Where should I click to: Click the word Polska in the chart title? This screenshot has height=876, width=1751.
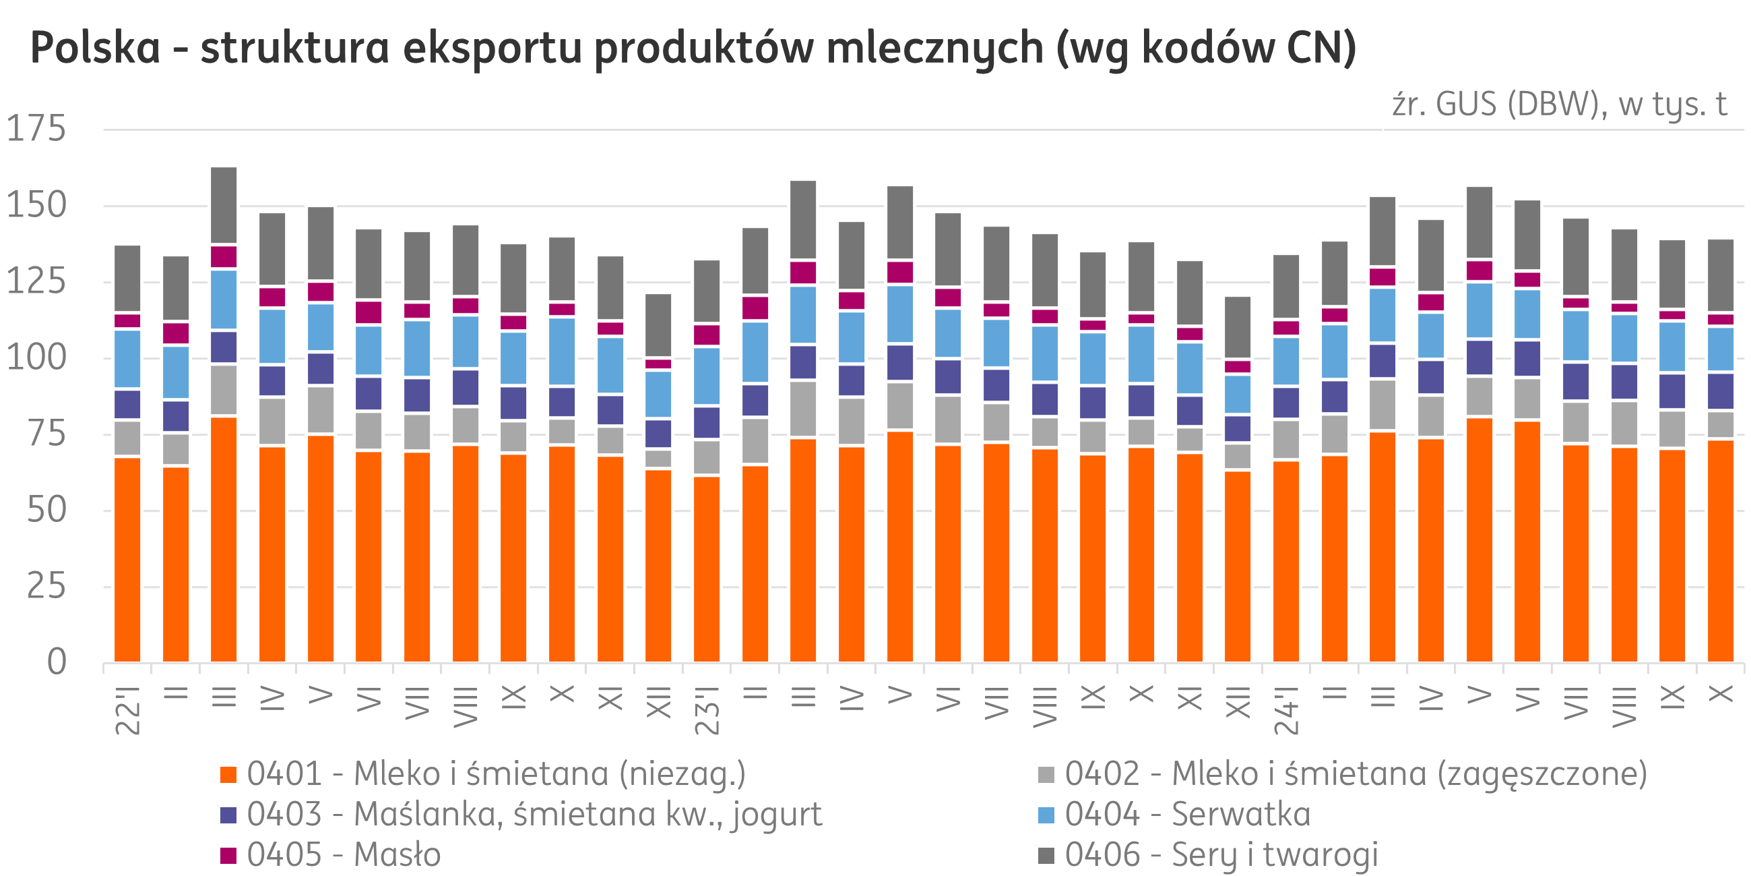pyautogui.click(x=95, y=49)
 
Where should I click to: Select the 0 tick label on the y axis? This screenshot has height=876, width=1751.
pyautogui.click(x=57, y=662)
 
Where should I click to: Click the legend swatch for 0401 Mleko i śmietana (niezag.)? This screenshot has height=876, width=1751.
pyautogui.click(x=228, y=775)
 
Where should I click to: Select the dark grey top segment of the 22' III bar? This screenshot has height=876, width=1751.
pyautogui.click(x=224, y=205)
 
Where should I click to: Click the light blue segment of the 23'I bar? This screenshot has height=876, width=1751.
pyautogui.click(x=707, y=376)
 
